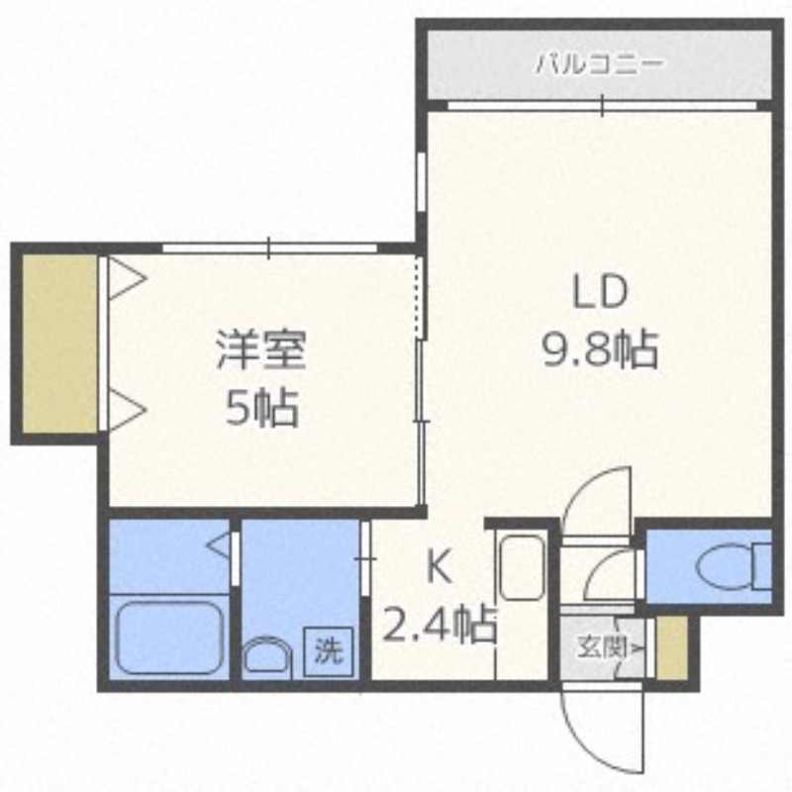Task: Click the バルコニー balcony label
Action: (x=598, y=66)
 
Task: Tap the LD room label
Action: (x=599, y=292)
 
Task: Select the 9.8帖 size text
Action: (x=599, y=348)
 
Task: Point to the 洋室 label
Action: (x=261, y=350)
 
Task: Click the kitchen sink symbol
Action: (x=521, y=567)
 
